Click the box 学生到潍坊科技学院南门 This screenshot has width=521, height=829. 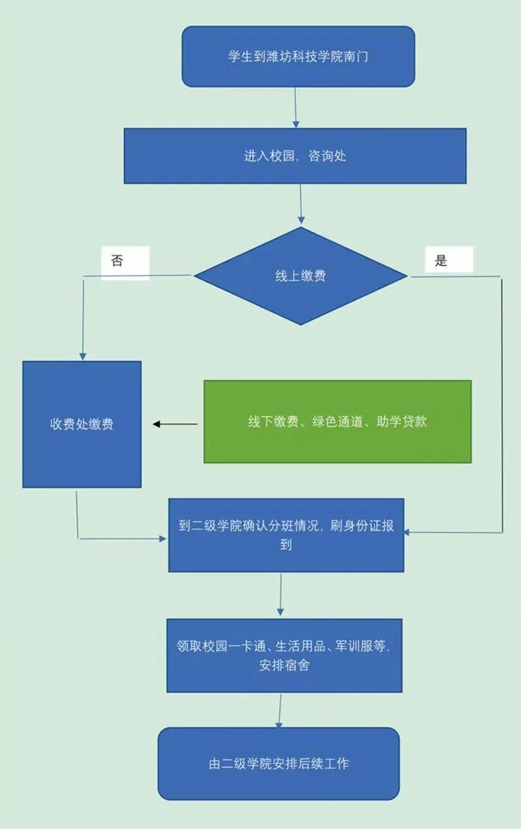298,57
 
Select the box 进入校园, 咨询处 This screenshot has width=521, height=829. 295,156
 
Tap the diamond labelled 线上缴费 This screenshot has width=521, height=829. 300,276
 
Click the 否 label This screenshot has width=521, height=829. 117,261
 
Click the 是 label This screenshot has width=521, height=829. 442,261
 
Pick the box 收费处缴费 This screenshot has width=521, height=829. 81,424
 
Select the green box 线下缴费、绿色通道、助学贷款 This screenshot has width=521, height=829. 337,421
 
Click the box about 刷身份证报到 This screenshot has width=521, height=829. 286,535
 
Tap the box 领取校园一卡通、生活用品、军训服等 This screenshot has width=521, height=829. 284,655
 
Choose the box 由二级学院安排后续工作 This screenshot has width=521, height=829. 278,763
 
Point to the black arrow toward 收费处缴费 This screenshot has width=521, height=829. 176,424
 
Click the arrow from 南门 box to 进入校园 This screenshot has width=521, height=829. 296,108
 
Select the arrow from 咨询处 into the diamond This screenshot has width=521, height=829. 300,205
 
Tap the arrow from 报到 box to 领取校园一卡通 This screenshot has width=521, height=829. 280,595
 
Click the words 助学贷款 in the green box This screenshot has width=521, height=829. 404,421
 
